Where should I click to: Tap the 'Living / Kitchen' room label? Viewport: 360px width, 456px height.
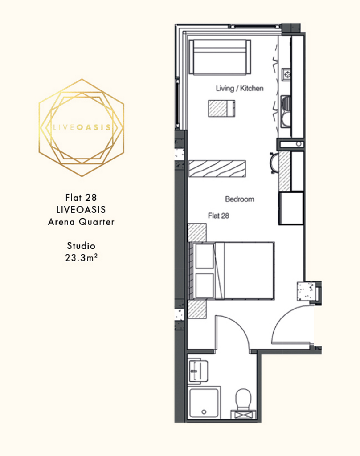click(240, 89)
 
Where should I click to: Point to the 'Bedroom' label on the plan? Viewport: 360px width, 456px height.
click(240, 199)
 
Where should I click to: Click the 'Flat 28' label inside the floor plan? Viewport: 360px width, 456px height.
click(219, 216)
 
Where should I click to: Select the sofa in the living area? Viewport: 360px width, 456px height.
click(220, 57)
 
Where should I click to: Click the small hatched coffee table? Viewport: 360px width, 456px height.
click(221, 109)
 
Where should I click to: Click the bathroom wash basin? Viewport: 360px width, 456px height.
click(198, 371)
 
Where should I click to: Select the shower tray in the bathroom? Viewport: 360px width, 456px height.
click(204, 403)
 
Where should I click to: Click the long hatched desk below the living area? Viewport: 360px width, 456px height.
click(217, 169)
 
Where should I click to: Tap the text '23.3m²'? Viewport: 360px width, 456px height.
click(81, 258)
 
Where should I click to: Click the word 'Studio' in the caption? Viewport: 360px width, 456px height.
click(81, 246)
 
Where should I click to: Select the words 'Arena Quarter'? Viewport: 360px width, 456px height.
click(81, 222)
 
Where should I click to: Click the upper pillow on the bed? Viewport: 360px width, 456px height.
click(205, 256)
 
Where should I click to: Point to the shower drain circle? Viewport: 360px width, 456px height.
click(204, 412)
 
